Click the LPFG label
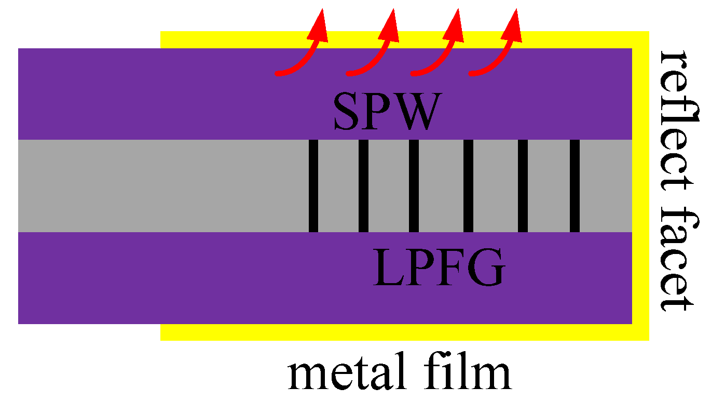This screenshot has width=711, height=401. [439, 269]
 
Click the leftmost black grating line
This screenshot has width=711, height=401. [313, 186]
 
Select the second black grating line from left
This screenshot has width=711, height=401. [363, 186]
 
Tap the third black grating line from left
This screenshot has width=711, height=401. [414, 186]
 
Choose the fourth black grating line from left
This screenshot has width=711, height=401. [468, 186]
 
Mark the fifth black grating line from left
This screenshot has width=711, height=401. [523, 186]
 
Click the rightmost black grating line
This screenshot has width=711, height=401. [575, 186]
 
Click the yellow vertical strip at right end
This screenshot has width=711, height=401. [641, 186]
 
